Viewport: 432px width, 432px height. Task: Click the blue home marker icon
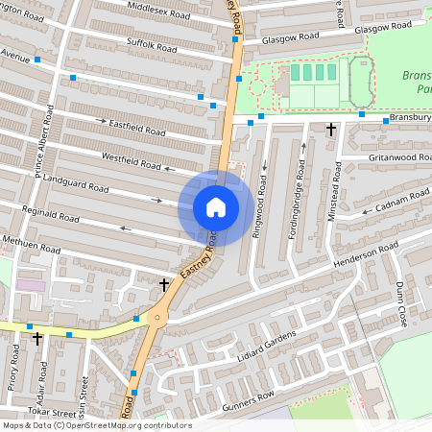coord(216,206)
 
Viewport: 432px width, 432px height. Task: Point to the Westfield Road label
coord(131,159)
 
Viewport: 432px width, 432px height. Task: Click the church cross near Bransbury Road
coord(331,128)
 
